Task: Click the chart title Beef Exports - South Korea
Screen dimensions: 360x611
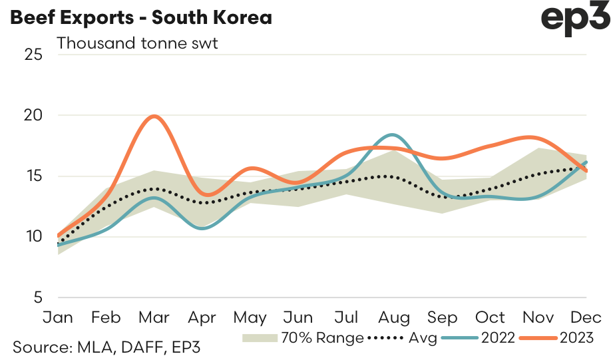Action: pos(140,17)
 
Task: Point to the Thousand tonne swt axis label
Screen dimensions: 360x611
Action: pos(138,44)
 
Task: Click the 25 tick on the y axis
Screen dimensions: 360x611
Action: pos(33,54)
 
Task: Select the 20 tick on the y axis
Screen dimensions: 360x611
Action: pos(33,115)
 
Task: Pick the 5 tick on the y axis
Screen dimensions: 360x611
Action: pos(38,297)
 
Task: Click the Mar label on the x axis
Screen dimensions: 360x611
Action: pos(154,317)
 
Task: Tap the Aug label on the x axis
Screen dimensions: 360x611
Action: pos(393,317)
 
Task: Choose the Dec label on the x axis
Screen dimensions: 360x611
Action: pos(586,317)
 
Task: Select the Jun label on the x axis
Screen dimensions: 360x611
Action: pos(298,317)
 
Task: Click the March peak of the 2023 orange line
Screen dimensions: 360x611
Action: pos(154,116)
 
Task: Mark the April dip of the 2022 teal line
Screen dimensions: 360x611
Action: pos(203,228)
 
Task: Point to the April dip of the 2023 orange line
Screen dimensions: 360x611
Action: pos(207,195)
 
